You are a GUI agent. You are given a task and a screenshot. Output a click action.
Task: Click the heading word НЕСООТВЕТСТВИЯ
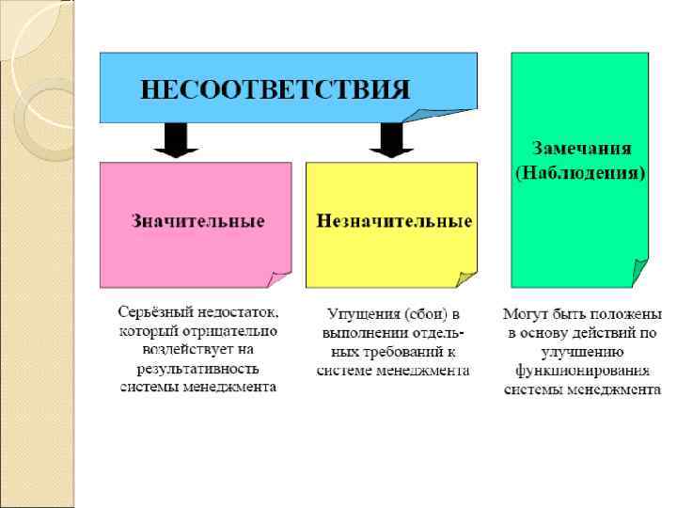tap(275, 90)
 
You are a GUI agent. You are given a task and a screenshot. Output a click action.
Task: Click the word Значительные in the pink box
tap(197, 222)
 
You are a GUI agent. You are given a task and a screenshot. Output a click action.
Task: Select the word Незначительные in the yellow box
tap(394, 222)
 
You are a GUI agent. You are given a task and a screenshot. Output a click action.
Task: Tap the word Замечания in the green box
tap(582, 149)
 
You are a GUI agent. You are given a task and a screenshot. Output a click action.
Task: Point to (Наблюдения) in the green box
tap(580, 173)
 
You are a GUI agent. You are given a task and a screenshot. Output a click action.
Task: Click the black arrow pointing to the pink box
tap(175, 139)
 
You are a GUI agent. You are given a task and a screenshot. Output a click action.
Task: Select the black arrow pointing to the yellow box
tap(391, 139)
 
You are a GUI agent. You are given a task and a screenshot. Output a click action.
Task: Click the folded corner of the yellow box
tap(465, 278)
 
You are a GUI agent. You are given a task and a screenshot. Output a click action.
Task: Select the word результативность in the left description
tap(197, 368)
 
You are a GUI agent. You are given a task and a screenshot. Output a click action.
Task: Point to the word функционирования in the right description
tap(582, 370)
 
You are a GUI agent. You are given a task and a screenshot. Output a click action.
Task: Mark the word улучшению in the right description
tap(582, 351)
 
